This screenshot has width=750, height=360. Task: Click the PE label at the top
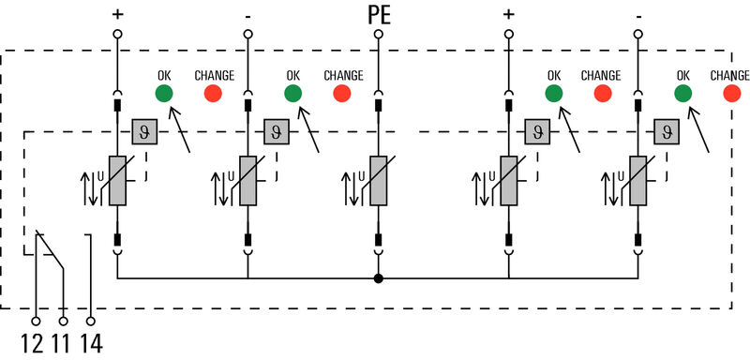(x=378, y=15)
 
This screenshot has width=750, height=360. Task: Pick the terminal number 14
(x=91, y=342)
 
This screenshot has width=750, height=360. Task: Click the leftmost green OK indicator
(x=163, y=93)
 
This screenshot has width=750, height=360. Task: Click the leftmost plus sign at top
(x=118, y=14)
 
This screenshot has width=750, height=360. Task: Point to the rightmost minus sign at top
(x=638, y=14)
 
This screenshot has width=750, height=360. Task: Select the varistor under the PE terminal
(x=378, y=179)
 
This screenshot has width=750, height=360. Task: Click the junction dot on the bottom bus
(x=378, y=278)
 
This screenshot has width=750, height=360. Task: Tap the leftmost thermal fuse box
(x=145, y=130)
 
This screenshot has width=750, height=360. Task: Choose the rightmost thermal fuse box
(x=667, y=130)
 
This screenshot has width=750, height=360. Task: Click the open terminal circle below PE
(x=378, y=35)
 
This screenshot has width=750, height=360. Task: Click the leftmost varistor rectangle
(x=118, y=179)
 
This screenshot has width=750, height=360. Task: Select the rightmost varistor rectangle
(x=638, y=179)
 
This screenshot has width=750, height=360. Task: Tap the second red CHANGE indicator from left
(x=342, y=93)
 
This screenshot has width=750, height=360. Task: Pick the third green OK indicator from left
(x=554, y=93)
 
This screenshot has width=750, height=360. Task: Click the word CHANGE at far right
(x=729, y=75)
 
